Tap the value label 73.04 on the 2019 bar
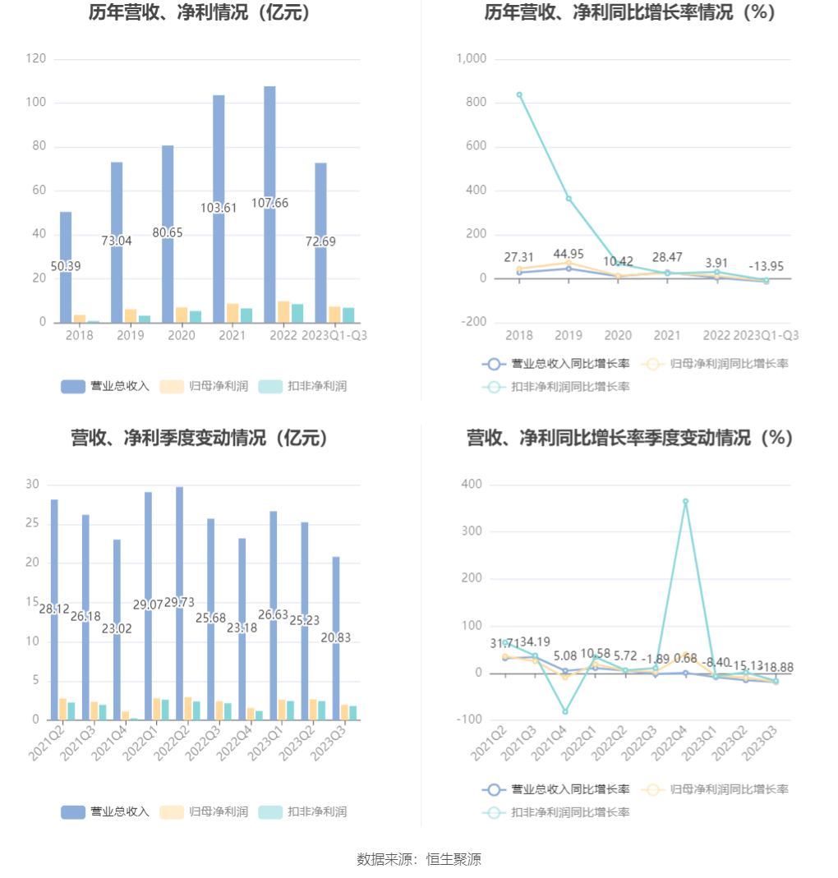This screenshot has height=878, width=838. pos(116,241)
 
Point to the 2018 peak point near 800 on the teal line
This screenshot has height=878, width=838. pos(519,94)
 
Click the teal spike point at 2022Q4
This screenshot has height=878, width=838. pos(685,501)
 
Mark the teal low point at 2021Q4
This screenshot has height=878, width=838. pos(565,711)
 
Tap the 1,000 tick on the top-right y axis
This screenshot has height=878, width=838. pos(472,59)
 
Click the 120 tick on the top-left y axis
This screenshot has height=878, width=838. pos(35,59)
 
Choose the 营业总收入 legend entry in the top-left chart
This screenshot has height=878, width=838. pos(105,386)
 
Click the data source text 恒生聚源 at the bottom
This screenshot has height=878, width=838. pos(454,859)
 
